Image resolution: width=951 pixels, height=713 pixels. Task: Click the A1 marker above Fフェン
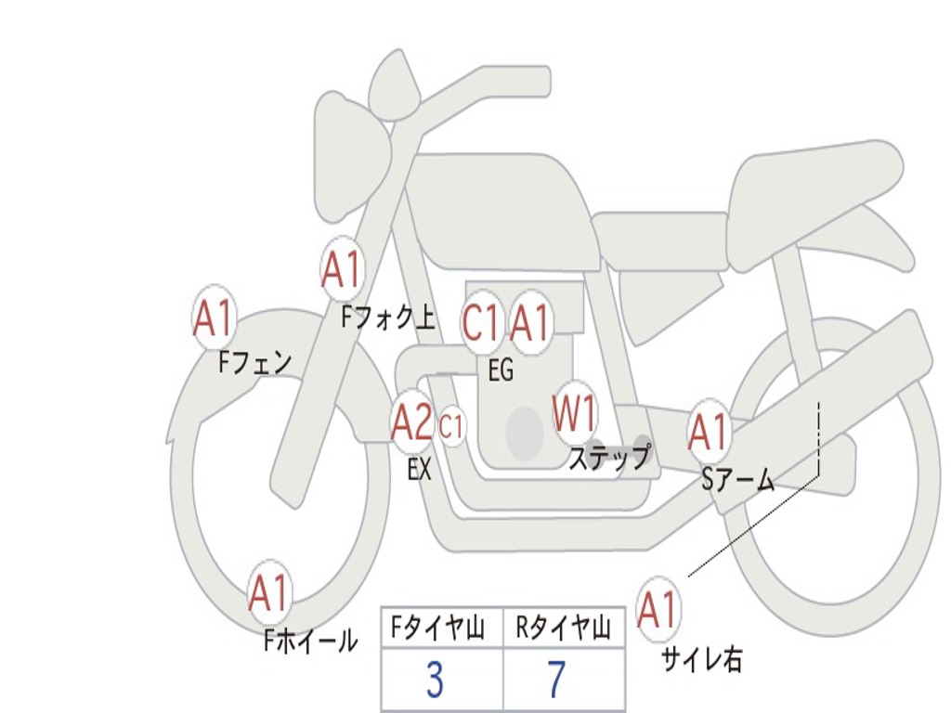click(x=215, y=318)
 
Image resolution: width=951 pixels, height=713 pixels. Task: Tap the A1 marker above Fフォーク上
click(x=342, y=270)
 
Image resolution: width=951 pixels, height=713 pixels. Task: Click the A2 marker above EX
click(x=411, y=424)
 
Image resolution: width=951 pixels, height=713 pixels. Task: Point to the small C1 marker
click(x=451, y=427)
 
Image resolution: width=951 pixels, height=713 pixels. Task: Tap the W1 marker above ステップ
click(x=576, y=414)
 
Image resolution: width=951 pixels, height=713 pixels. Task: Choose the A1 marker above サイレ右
click(x=658, y=610)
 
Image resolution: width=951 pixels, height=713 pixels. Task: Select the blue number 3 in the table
click(x=435, y=681)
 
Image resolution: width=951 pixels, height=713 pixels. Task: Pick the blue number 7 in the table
click(x=556, y=681)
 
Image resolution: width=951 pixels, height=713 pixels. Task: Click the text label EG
click(x=501, y=370)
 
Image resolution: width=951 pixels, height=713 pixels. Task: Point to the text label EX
click(x=420, y=470)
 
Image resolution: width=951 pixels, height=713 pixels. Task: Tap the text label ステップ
click(x=609, y=458)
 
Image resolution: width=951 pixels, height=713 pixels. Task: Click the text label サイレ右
click(x=702, y=659)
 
